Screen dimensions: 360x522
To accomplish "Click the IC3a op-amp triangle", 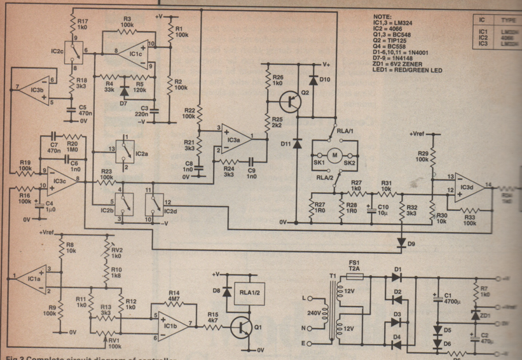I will [x=233, y=139].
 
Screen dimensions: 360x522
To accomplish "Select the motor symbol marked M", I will [x=334, y=154].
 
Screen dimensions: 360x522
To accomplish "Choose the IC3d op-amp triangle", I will [x=467, y=186].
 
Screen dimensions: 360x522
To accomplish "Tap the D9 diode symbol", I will [x=402, y=242].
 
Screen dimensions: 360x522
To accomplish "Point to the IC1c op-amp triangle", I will [x=135, y=55].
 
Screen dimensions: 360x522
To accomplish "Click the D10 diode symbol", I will [x=313, y=81].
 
